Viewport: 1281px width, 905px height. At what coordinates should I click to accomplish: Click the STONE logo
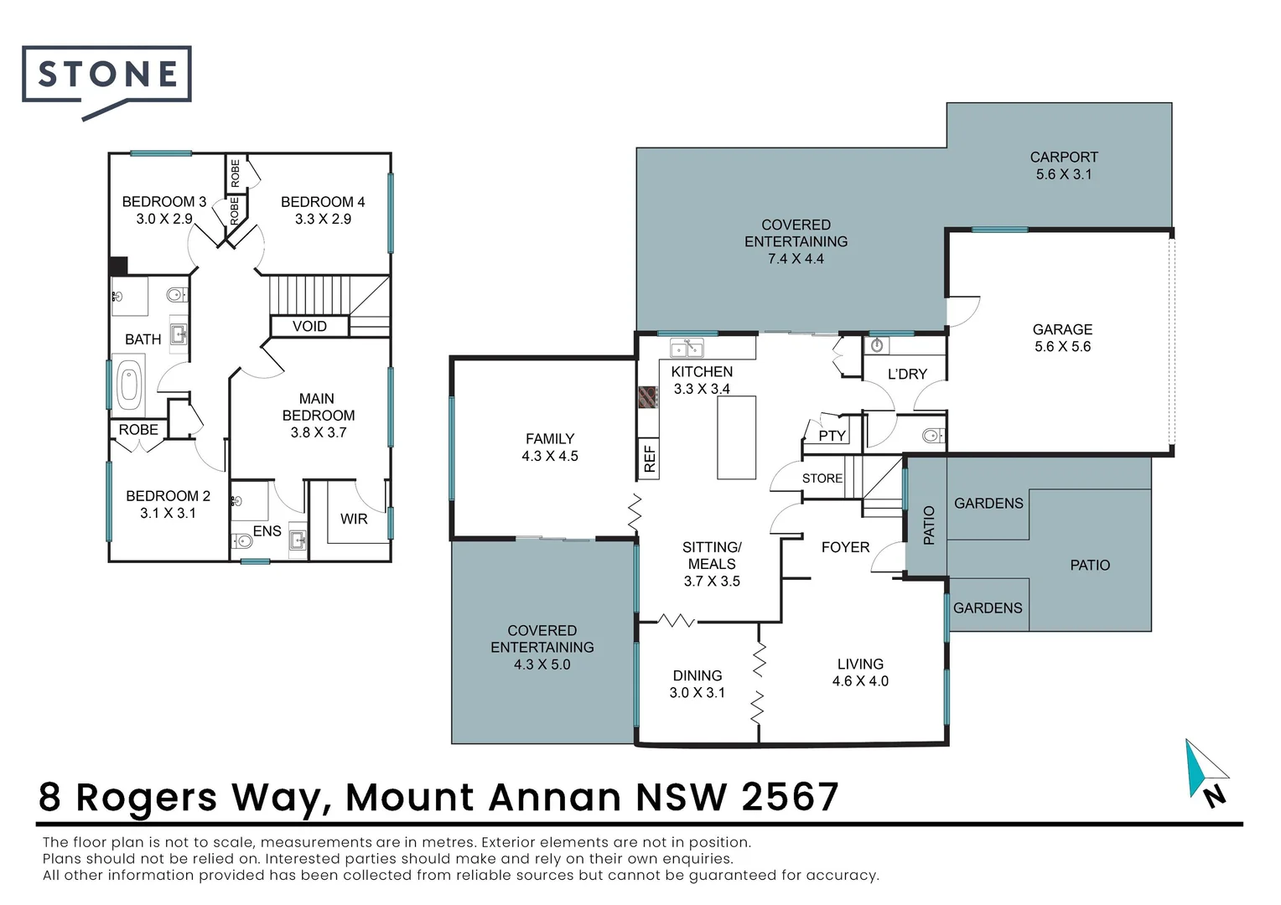tap(106, 75)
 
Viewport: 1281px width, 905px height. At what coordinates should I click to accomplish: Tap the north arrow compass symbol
tap(1206, 771)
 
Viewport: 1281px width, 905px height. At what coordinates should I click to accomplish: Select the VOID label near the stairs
tap(309, 326)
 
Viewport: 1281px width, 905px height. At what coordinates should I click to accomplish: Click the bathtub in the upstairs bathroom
tap(128, 385)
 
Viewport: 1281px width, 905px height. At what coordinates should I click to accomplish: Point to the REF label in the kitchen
tap(649, 458)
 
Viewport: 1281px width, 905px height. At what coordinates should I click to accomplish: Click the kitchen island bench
tap(736, 437)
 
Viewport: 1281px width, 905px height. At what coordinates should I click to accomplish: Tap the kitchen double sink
tap(686, 348)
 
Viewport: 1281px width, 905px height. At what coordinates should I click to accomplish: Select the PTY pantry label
tap(832, 436)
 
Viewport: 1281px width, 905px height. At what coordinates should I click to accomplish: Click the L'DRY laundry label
tap(907, 374)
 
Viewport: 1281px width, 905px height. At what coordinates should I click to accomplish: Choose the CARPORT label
tap(1063, 157)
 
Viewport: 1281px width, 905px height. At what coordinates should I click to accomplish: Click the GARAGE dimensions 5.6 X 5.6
tap(1062, 347)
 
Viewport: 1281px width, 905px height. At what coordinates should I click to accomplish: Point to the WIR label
tap(354, 519)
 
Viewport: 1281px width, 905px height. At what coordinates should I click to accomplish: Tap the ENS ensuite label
tap(267, 530)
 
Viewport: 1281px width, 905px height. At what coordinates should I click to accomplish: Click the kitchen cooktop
tap(648, 396)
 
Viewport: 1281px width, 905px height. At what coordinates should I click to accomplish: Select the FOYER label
tap(845, 547)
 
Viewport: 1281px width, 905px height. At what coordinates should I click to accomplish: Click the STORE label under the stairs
tap(822, 478)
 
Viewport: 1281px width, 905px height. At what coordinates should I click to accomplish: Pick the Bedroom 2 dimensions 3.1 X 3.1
tap(168, 513)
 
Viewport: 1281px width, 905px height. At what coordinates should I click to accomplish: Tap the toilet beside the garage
tap(931, 435)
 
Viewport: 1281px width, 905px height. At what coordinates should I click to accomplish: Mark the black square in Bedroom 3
tap(117, 266)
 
